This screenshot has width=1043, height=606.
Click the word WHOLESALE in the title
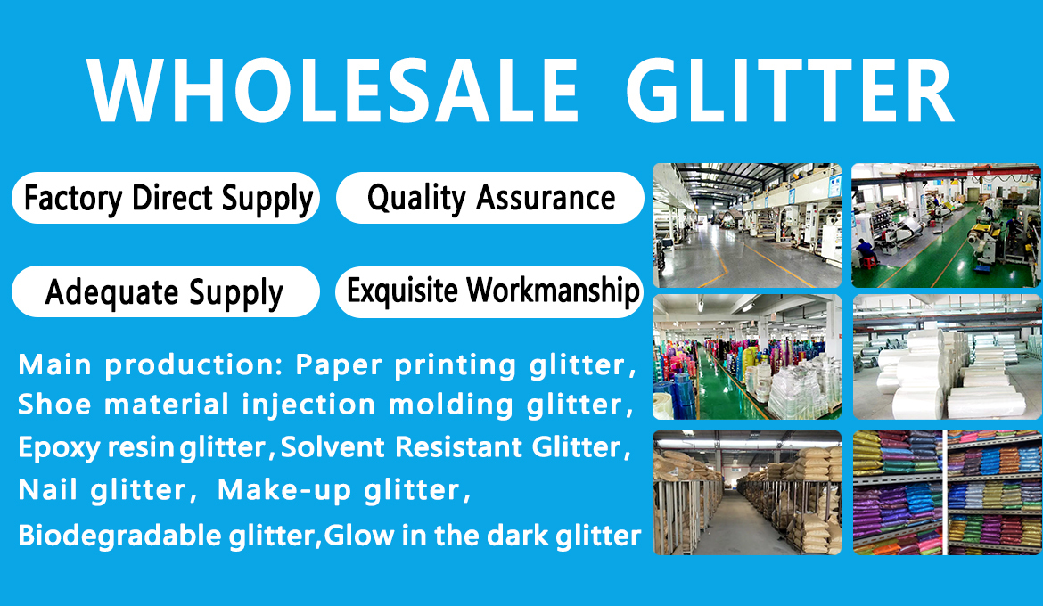(333, 91)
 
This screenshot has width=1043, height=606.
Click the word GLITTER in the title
(790, 91)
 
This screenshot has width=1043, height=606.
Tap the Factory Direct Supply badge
(166, 198)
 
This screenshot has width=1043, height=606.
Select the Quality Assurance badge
(490, 198)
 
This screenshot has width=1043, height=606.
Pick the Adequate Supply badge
(166, 291)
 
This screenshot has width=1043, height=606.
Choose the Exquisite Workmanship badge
(489, 291)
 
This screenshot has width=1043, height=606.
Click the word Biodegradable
(119, 536)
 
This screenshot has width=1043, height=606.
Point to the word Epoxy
(59, 448)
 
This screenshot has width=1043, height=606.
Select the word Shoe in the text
(53, 405)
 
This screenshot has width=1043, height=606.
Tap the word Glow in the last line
(359, 536)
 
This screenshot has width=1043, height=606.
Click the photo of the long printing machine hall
(747, 225)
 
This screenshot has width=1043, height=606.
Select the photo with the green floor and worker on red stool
(947, 225)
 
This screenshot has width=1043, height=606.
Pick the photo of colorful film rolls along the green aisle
(747, 357)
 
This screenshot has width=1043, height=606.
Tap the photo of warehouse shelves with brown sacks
(747, 492)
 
